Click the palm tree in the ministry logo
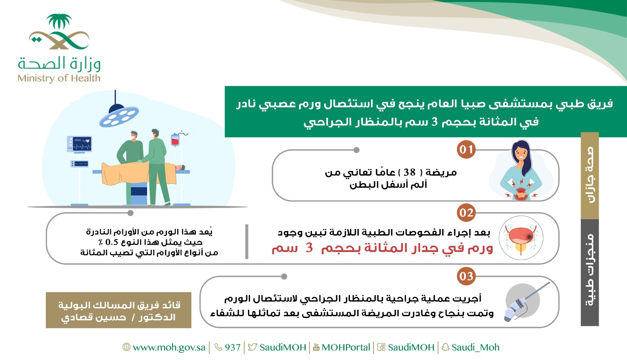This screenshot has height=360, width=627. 59,21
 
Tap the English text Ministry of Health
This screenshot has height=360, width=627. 59,78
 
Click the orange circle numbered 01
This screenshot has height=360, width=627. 466,149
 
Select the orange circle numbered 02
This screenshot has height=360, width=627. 466,213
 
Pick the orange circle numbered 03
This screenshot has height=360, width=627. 466,276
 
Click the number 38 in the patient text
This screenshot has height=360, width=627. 409,172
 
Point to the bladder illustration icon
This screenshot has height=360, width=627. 521,238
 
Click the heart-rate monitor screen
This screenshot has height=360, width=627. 80,144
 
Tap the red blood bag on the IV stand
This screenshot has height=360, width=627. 175,140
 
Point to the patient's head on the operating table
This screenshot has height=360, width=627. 180,167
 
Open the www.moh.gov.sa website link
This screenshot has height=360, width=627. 169,347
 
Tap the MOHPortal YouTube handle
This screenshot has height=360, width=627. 346,347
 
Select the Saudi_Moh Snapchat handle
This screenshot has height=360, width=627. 475,347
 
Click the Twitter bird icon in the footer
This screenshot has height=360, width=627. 252,347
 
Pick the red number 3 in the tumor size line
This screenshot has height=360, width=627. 309,248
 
